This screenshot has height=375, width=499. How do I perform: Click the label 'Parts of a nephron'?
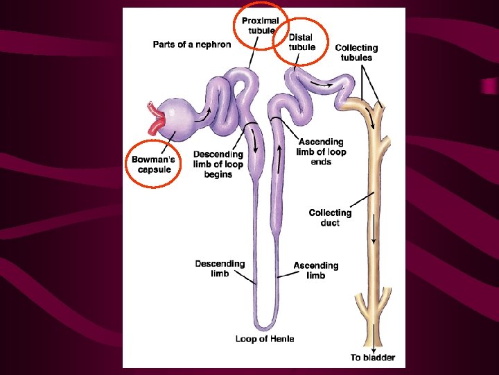(192, 44)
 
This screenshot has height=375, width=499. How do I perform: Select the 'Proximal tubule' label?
(260, 26)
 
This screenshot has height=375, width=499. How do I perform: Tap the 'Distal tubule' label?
(301, 42)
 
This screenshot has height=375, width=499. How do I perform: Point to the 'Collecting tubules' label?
(356, 53)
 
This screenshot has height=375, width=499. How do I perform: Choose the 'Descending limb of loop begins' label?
(218, 165)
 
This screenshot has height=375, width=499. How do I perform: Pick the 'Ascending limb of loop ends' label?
(321, 151)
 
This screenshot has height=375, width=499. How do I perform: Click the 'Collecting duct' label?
(330, 217)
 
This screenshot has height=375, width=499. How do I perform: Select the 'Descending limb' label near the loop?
(220, 268)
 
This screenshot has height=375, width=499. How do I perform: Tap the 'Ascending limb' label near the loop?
(315, 270)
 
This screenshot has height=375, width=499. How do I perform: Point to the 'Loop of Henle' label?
(265, 339)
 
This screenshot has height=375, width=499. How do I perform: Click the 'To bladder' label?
(372, 358)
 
